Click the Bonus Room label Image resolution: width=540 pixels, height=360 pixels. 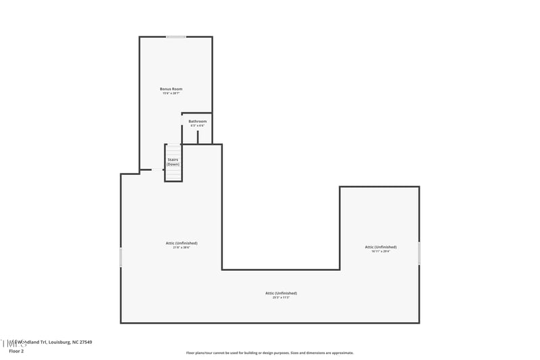171,89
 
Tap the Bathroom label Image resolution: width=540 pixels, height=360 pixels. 198,122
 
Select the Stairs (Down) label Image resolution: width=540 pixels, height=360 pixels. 173,161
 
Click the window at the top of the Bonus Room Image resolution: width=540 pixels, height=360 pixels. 176,36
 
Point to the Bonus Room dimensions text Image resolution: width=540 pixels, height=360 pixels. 171,93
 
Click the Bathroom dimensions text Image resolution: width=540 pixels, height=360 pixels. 197,126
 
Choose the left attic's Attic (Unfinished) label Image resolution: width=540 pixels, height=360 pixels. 182,243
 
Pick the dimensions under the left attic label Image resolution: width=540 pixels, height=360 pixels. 182,247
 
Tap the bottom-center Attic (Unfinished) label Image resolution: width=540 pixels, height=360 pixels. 281,293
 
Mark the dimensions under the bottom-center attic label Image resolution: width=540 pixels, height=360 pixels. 281,297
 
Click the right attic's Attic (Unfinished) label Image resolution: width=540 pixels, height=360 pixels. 381,247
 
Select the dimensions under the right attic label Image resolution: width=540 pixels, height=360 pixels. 381,251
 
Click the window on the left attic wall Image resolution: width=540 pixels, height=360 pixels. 121,257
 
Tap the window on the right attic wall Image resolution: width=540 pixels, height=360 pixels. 419,253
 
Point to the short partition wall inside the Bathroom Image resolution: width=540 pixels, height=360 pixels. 198,137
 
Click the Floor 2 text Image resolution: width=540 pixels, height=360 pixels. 16,351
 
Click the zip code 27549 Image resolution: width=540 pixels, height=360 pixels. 85,342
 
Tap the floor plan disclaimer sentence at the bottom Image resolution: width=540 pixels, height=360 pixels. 270,353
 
